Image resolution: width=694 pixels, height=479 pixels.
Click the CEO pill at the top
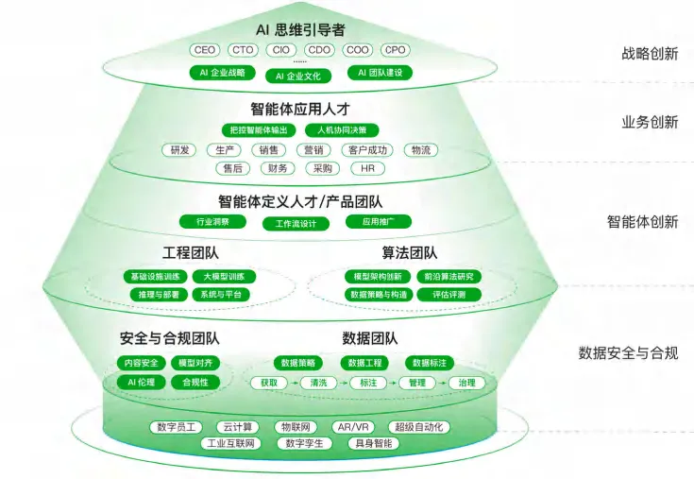[x=205, y=50]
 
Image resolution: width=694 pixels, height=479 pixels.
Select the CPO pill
[x=396, y=50]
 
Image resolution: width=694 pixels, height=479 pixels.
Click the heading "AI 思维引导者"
[x=300, y=28]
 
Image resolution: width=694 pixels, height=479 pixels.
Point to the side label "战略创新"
[x=643, y=54]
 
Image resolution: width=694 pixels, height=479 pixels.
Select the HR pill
[x=367, y=169]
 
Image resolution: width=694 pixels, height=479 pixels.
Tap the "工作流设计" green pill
[x=302, y=224]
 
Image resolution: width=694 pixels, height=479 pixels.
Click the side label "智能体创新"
[x=642, y=222]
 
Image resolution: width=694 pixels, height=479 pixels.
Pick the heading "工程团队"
[x=191, y=253]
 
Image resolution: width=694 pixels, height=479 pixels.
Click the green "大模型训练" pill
[x=224, y=277]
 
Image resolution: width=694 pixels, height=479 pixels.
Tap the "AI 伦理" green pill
[x=139, y=383]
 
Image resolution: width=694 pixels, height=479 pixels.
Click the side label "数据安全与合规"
[x=628, y=353]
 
